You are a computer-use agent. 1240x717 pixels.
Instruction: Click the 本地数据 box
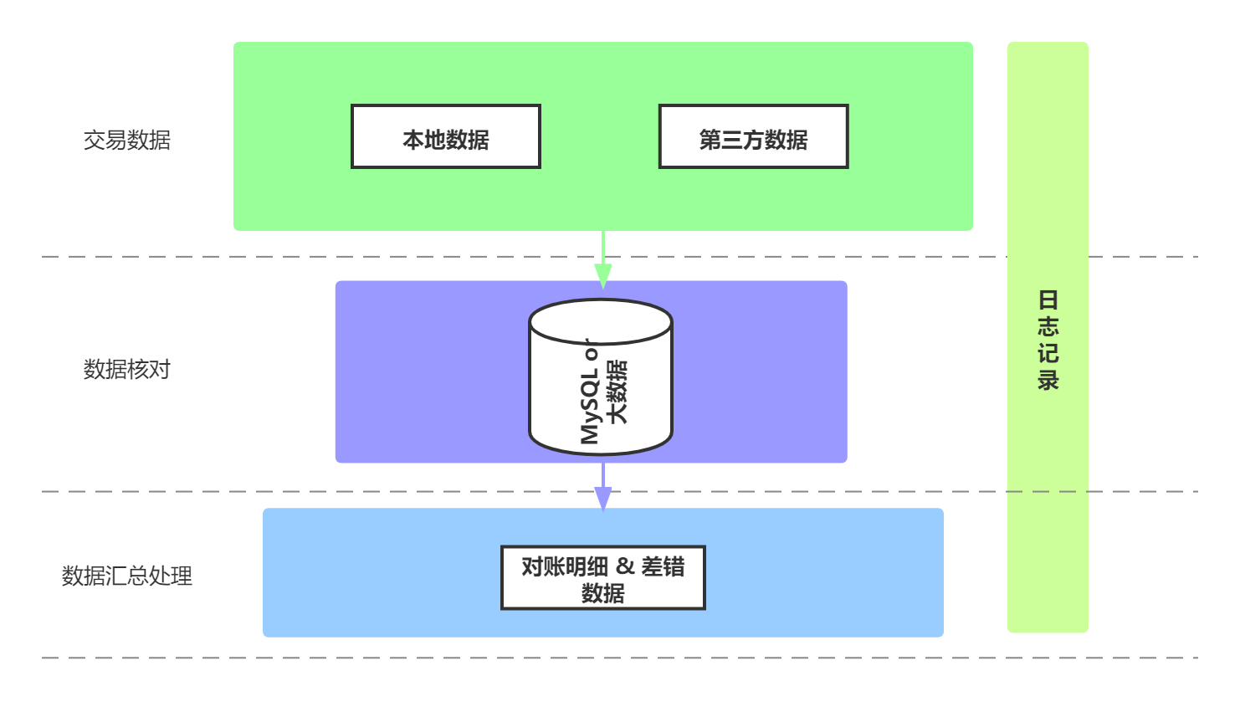click(445, 136)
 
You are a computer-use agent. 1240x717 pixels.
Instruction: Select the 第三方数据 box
click(753, 136)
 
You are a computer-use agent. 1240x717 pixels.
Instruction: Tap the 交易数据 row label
click(126, 140)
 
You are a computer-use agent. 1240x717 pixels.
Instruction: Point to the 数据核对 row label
click(126, 369)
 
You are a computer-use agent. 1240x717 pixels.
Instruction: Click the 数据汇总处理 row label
click(126, 576)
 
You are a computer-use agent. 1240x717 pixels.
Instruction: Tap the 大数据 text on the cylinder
click(617, 392)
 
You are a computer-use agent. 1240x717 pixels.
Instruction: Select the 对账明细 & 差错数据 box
click(602, 578)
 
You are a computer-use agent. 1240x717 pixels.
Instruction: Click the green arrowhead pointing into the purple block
click(602, 275)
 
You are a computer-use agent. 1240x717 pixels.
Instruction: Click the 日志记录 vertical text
click(1048, 340)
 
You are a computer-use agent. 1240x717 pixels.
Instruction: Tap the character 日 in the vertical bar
click(1048, 300)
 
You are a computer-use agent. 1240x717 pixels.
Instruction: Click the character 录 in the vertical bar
click(1048, 380)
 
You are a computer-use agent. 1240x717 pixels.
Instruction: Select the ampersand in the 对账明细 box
click(625, 566)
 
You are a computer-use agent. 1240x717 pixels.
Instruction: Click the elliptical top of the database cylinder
click(601, 321)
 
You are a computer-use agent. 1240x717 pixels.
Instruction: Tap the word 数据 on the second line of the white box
click(602, 593)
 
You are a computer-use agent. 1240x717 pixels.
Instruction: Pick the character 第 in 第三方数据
click(710, 140)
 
